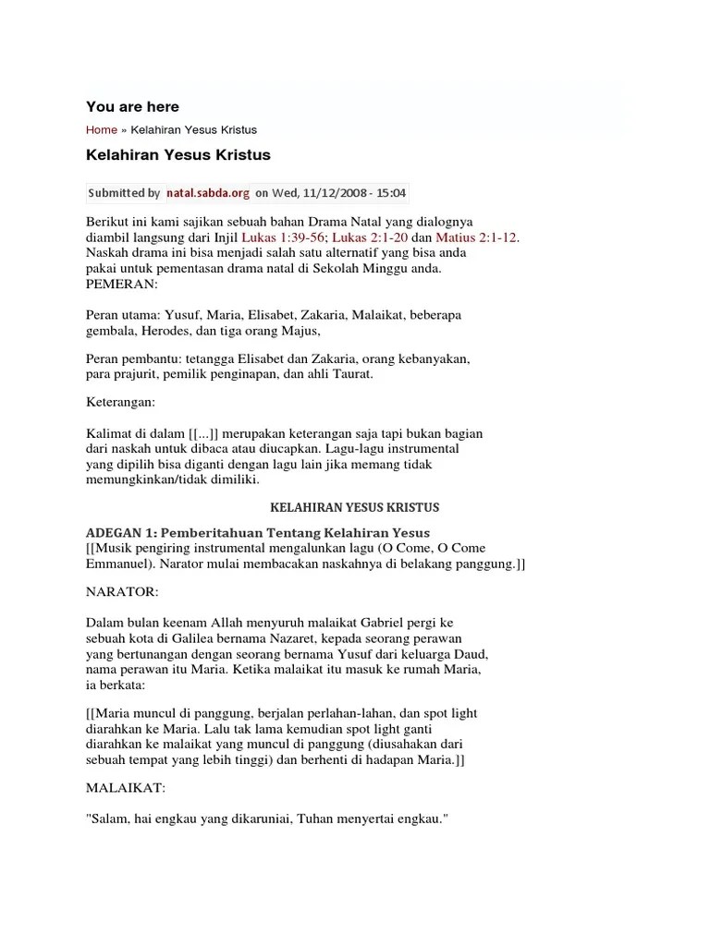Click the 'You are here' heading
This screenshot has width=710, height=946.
[132, 107]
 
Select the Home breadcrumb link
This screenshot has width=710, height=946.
[102, 130]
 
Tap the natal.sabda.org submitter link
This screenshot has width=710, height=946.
[208, 193]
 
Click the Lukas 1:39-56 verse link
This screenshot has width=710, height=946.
[283, 237]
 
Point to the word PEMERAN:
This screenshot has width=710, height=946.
[122, 284]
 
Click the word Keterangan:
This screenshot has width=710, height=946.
[121, 403]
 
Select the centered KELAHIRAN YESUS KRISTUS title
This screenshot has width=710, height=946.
[354, 507]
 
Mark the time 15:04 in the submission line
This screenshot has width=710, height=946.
[389, 193]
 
